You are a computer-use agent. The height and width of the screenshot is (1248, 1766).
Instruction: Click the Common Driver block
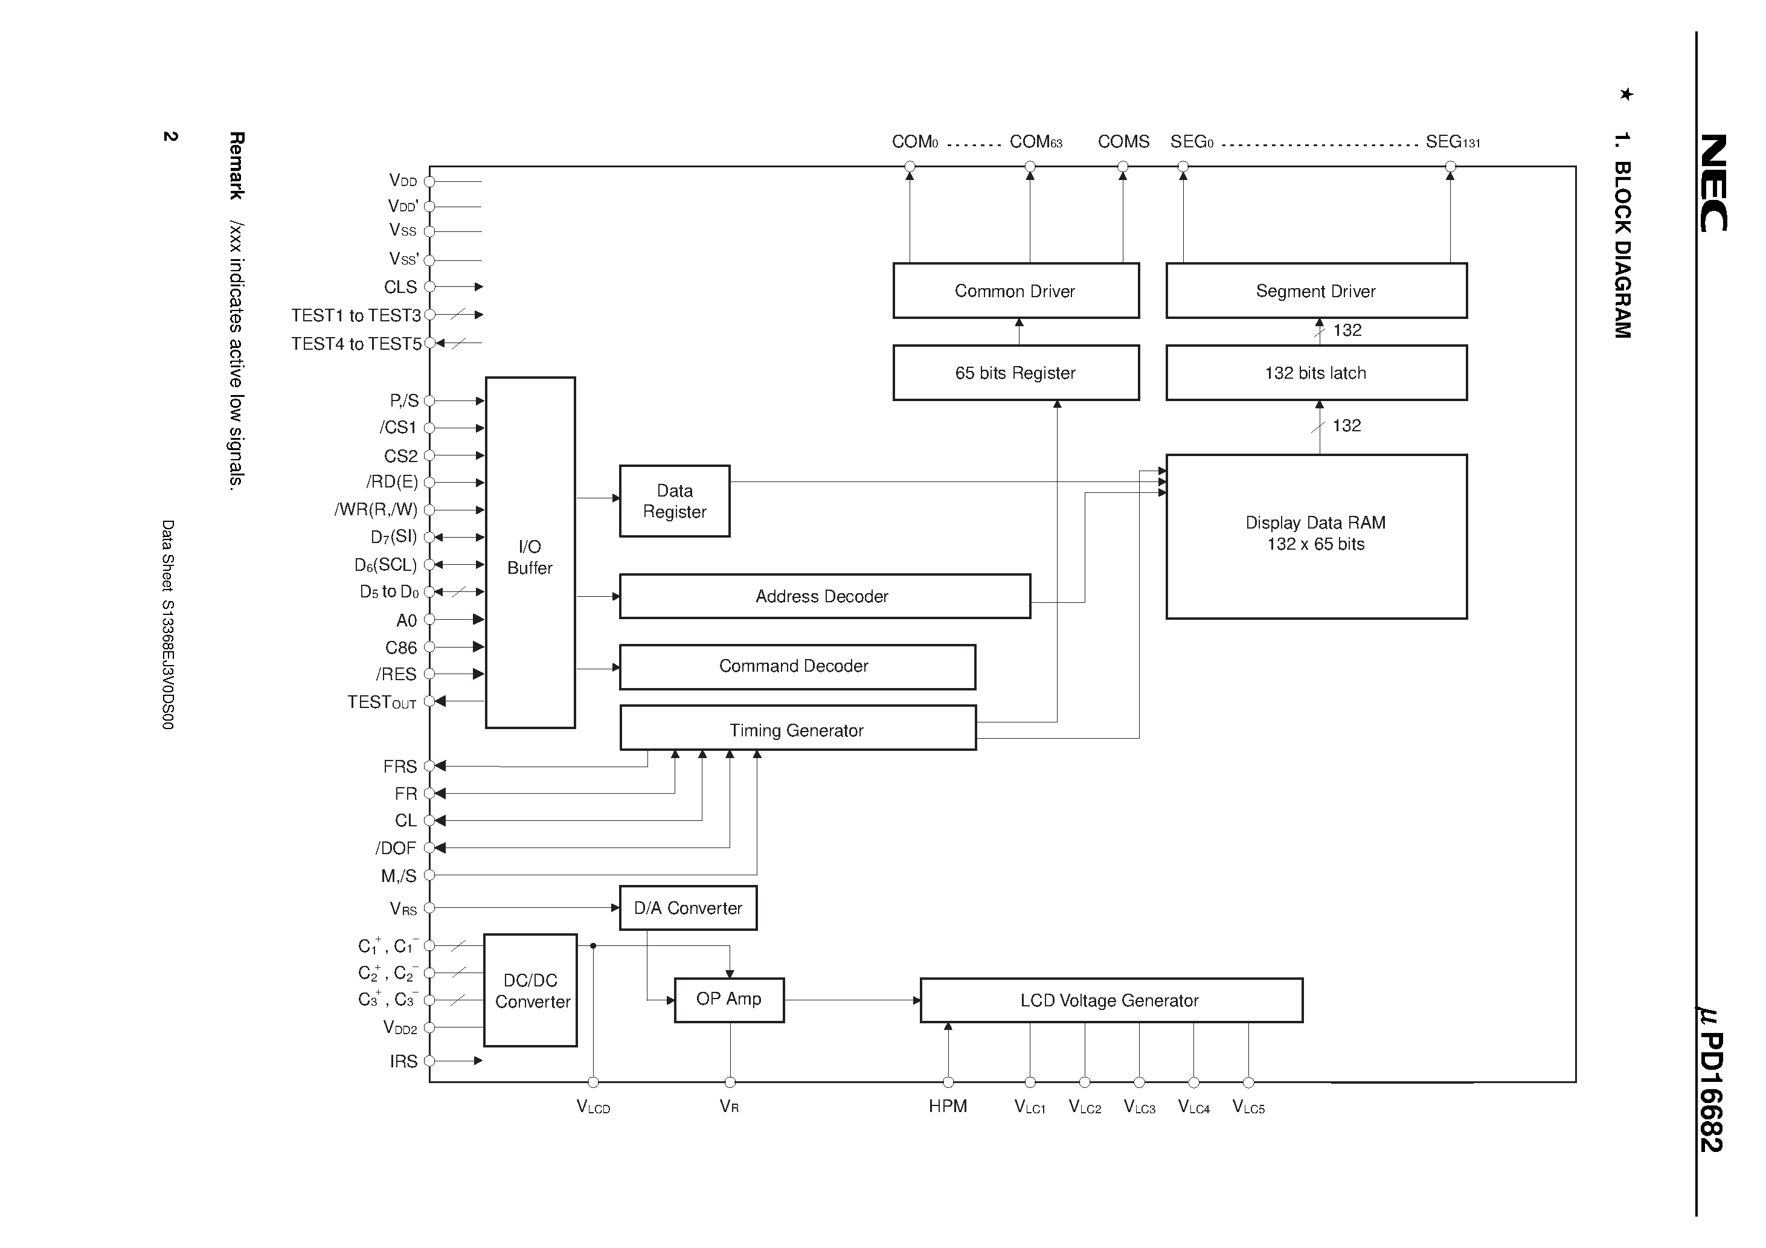(x=1015, y=291)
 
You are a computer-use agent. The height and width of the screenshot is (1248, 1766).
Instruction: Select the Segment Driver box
(x=1315, y=291)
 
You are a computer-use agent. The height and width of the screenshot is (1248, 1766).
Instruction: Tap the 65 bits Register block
(x=1015, y=373)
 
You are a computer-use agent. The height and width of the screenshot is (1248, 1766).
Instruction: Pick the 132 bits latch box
(x=1315, y=373)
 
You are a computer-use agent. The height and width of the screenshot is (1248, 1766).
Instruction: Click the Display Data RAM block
(x=1315, y=536)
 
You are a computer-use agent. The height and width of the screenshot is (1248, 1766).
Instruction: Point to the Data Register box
(x=675, y=501)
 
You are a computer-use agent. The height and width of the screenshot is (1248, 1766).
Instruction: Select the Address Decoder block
(x=824, y=596)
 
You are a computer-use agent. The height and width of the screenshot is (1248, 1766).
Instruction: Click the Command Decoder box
(x=797, y=666)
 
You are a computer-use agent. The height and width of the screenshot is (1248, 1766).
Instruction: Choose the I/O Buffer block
(x=530, y=553)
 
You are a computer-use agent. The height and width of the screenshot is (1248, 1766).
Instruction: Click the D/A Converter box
(x=688, y=908)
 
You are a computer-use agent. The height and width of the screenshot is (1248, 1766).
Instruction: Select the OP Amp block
(x=728, y=1000)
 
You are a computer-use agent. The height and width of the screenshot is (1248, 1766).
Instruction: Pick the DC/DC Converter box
(x=531, y=990)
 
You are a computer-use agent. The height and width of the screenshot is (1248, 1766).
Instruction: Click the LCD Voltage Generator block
(x=1110, y=1000)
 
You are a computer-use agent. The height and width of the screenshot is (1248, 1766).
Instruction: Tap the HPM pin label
(x=947, y=1107)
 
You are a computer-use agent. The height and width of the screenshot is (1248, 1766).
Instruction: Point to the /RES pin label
(x=396, y=675)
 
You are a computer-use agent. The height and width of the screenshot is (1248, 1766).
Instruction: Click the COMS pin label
(x=1123, y=141)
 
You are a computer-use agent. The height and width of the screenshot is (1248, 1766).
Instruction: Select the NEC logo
(x=1713, y=182)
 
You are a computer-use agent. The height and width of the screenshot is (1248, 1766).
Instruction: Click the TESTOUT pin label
(x=382, y=703)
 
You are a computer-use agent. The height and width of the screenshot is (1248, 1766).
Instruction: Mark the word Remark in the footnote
(x=236, y=165)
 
